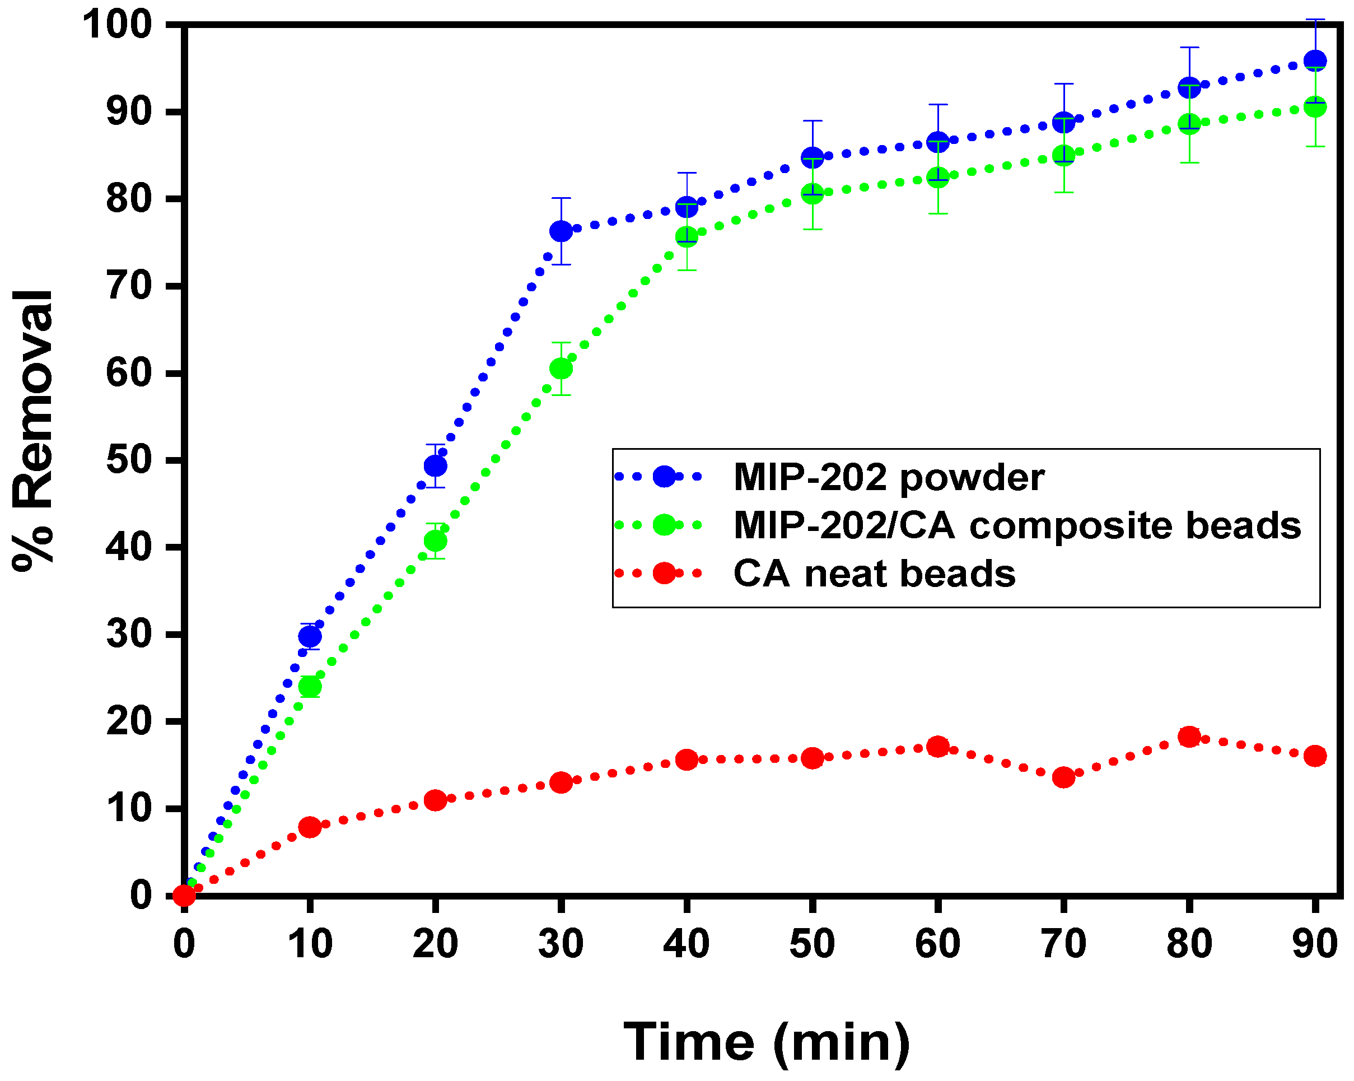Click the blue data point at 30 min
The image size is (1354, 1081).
pos(561,231)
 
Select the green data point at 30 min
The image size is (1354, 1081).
pos(561,369)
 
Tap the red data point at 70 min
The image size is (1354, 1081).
pos(1063,777)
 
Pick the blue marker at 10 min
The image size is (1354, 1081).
pos(310,637)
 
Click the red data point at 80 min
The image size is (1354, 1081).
pos(1189,736)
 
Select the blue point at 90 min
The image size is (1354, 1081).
pos(1315,61)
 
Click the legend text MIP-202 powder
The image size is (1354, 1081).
pos(889,478)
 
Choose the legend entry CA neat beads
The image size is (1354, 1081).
pos(874,574)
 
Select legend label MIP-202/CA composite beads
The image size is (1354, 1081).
pos(1017,526)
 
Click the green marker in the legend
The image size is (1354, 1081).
pos(664,524)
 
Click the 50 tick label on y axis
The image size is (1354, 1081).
pos(128,460)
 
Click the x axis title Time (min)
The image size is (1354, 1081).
pos(767,1043)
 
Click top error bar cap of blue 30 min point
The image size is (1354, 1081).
pos(561,198)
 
